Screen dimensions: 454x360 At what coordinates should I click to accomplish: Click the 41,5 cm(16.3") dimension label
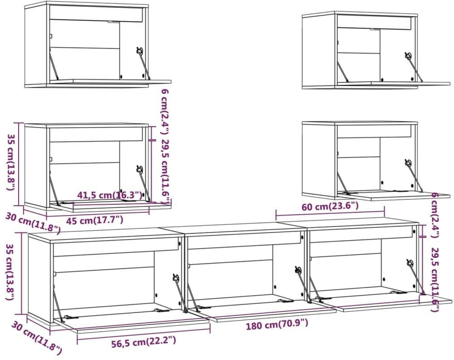(109, 195)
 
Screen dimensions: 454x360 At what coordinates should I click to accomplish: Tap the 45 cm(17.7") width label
(95, 220)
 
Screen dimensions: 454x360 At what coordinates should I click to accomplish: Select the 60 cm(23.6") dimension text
(330, 207)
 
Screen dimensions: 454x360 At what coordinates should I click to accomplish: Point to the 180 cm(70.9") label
(277, 325)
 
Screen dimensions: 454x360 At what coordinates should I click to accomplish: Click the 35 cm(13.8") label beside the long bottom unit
(10, 272)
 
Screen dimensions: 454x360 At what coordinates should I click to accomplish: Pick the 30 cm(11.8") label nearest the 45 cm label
(33, 222)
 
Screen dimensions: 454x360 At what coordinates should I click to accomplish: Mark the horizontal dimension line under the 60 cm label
(330, 216)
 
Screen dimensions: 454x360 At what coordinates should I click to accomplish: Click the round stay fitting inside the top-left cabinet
(139, 50)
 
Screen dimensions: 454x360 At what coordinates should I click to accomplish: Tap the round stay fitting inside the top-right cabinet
(408, 55)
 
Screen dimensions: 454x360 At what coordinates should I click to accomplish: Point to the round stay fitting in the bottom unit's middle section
(298, 270)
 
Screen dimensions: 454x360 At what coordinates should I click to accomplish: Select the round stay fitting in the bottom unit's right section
(410, 262)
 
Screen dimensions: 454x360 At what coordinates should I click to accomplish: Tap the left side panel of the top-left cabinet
(37, 45)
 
